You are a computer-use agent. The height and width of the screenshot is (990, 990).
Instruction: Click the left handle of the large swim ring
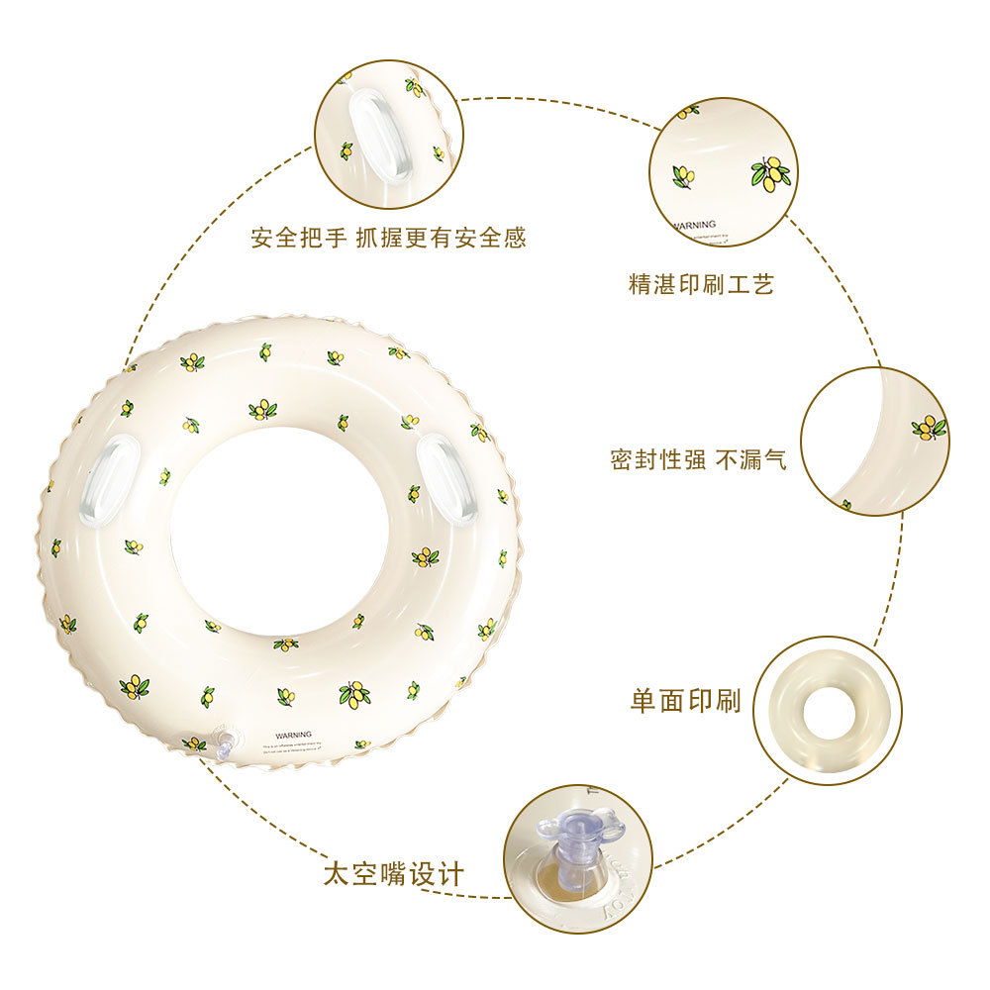(x=104, y=479)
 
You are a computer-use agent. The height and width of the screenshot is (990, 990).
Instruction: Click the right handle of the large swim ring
(x=446, y=479)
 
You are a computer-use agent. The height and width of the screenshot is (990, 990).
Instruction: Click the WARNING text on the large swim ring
(x=294, y=736)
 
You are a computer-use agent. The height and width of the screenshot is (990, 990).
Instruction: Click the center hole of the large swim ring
(x=279, y=530)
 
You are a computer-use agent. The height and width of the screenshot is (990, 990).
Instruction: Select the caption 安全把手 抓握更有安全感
(x=388, y=238)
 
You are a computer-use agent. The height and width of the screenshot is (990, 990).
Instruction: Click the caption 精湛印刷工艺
(x=701, y=285)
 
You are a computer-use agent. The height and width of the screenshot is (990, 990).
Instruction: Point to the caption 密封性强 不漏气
(x=698, y=459)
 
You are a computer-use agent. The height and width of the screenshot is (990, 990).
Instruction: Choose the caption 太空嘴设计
(x=393, y=875)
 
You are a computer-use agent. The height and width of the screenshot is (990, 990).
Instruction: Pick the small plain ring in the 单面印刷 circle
(x=828, y=711)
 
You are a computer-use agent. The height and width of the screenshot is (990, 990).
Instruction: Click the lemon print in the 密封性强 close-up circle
(x=929, y=428)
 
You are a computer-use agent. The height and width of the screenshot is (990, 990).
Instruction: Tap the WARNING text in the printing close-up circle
(x=695, y=225)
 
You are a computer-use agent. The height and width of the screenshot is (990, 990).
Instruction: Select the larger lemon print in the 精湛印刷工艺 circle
(x=770, y=173)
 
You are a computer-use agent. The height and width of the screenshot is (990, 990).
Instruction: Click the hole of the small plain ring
(x=828, y=710)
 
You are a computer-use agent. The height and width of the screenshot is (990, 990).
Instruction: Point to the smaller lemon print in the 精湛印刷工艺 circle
(x=683, y=176)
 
